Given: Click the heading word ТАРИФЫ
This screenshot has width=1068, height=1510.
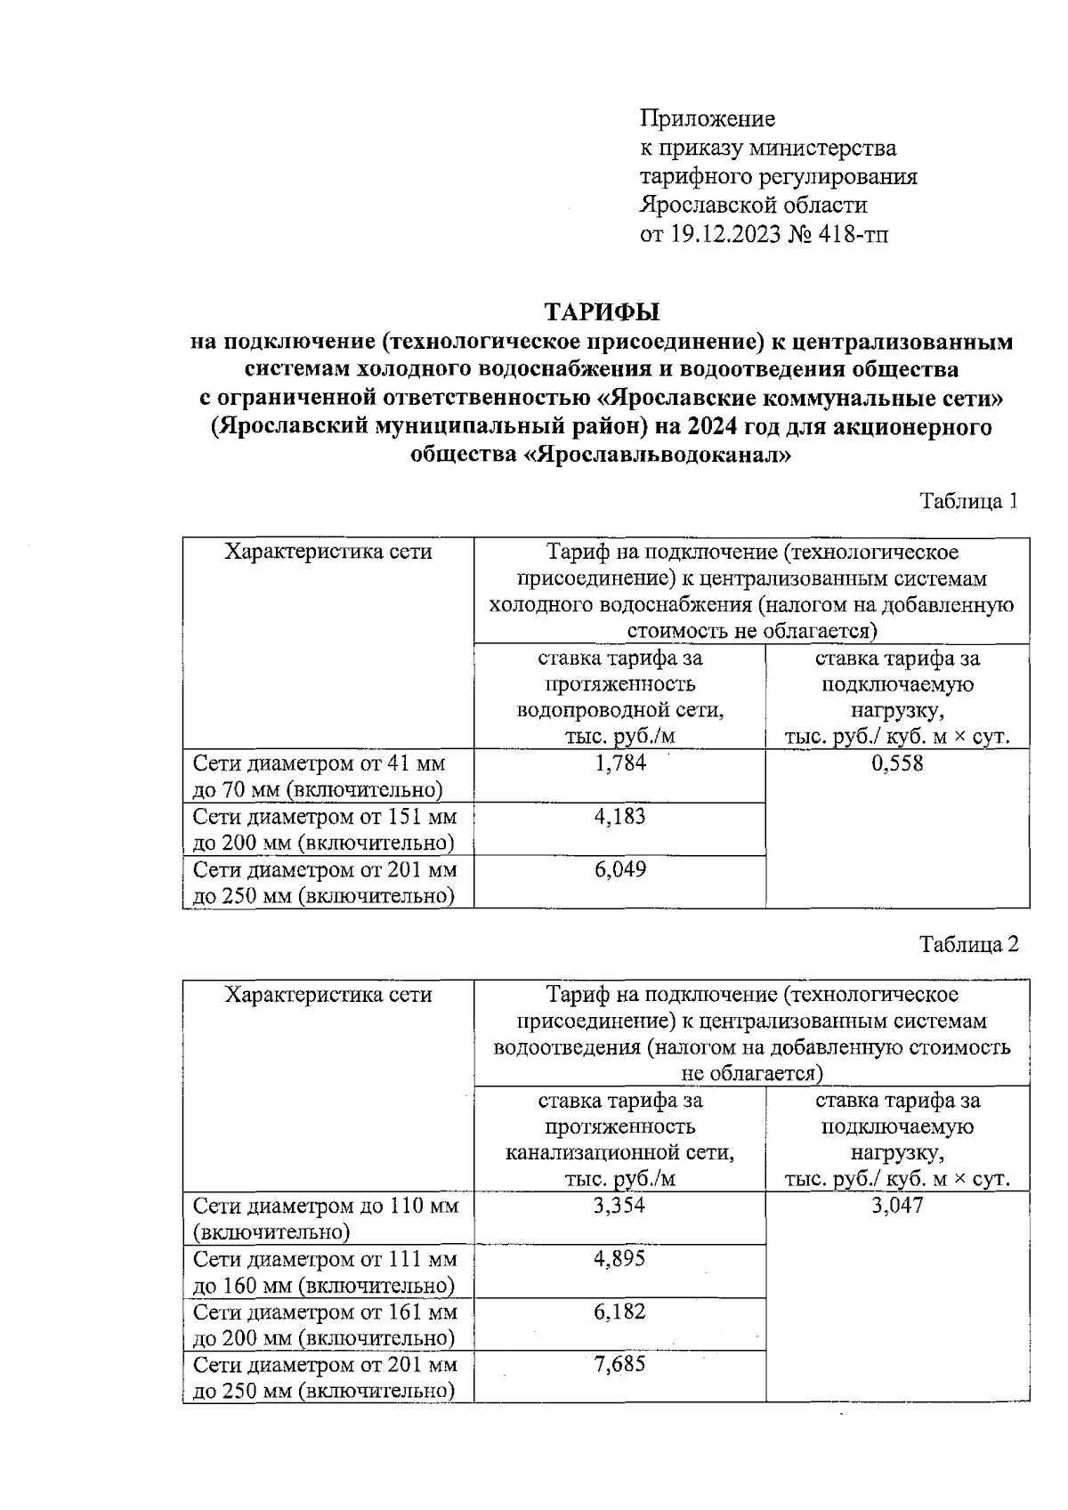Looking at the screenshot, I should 602,312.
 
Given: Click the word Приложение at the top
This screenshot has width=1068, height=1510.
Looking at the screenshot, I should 708,118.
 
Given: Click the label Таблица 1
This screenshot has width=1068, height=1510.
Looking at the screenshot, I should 968,501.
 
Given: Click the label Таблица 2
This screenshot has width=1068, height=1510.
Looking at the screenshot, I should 968,944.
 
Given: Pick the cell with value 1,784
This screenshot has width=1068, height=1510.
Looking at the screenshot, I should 619,763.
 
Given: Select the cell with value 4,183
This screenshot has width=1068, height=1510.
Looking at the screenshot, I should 619,816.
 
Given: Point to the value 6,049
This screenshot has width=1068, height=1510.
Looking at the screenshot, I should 619,869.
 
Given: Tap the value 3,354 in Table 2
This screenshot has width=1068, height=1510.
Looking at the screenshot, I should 619,1206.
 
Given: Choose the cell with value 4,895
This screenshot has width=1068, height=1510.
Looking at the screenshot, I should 619,1259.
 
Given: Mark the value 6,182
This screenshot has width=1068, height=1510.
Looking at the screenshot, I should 619,1312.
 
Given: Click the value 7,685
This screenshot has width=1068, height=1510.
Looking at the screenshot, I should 619,1364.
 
